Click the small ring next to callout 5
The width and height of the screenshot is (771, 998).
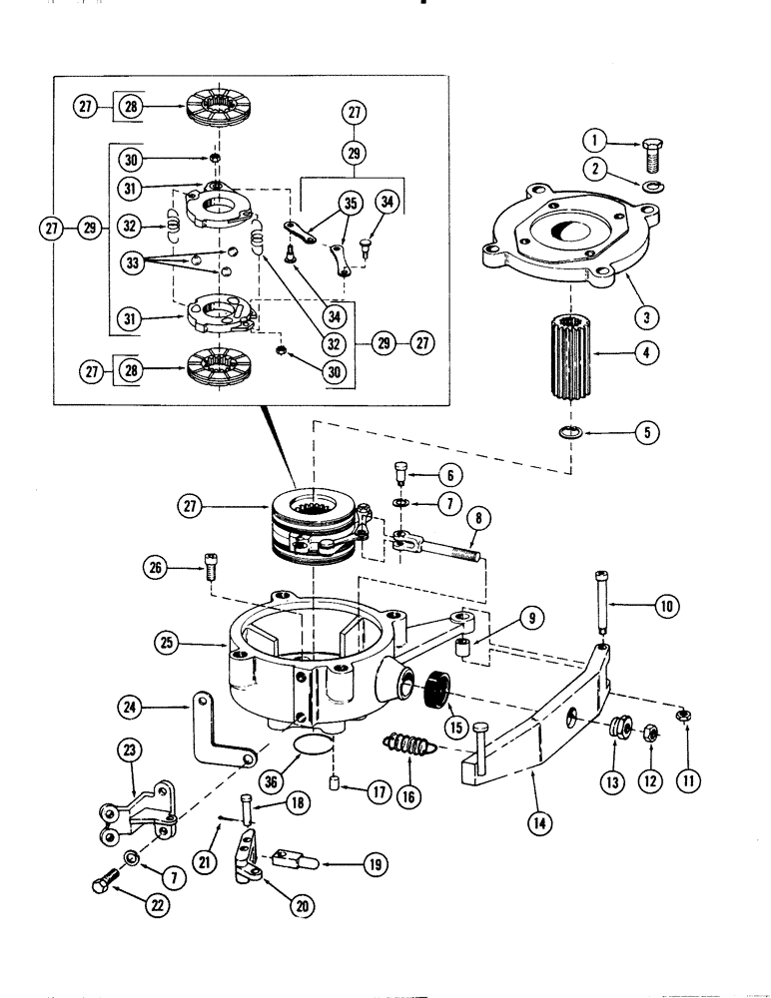(x=570, y=431)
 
